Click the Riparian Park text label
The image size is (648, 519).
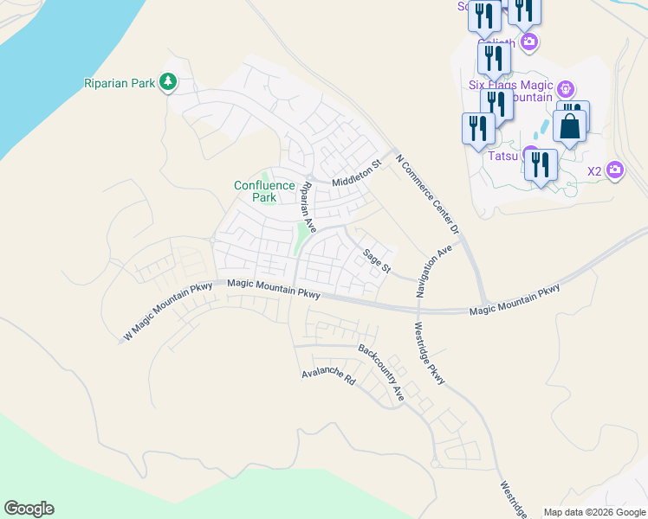click(120, 83)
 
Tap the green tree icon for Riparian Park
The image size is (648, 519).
click(168, 83)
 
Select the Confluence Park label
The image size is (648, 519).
click(256, 191)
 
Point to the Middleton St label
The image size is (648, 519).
click(356, 173)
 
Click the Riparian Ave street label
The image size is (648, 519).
click(307, 208)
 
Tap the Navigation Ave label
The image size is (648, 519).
click(434, 271)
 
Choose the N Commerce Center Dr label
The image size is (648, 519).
click(426, 195)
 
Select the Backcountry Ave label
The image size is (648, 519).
click(382, 372)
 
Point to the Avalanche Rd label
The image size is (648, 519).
click(329, 378)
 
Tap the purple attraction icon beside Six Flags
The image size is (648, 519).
click(566, 88)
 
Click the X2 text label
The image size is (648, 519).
click(594, 170)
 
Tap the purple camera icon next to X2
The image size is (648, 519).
click(615, 170)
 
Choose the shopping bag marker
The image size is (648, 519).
click(570, 126)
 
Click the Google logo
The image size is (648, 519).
click(29, 509)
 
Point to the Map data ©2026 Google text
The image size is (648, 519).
click(594, 512)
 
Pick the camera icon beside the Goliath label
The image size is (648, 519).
click(528, 42)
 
